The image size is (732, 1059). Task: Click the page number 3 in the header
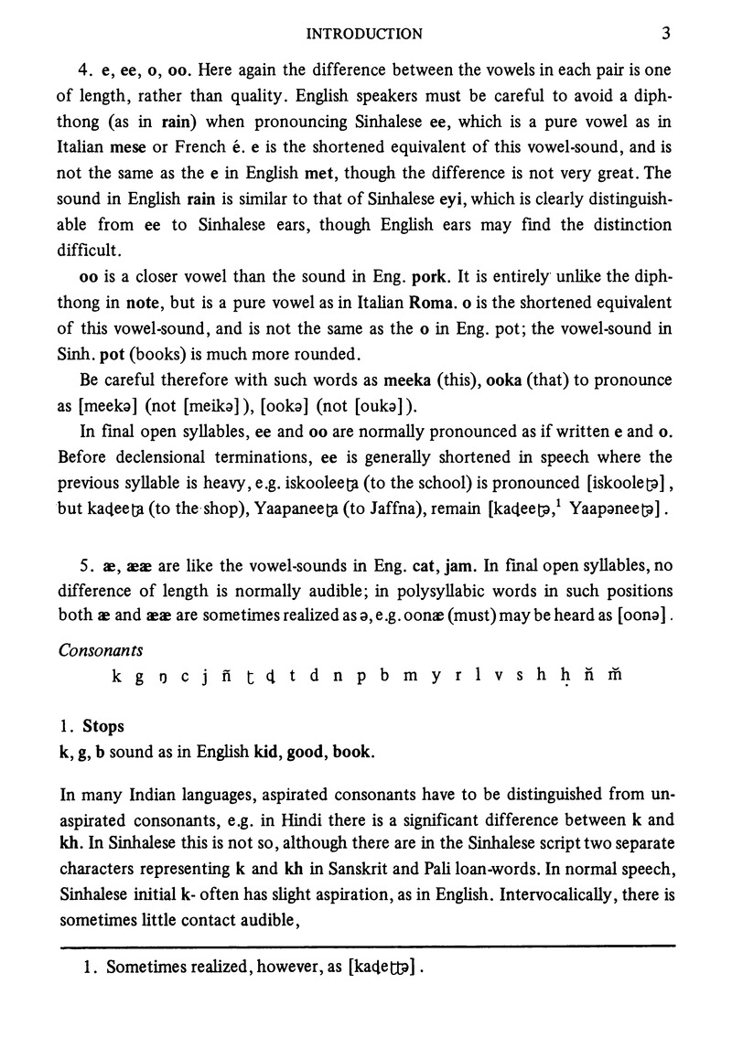[x=666, y=34]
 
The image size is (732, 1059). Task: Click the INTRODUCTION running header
[x=364, y=35]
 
